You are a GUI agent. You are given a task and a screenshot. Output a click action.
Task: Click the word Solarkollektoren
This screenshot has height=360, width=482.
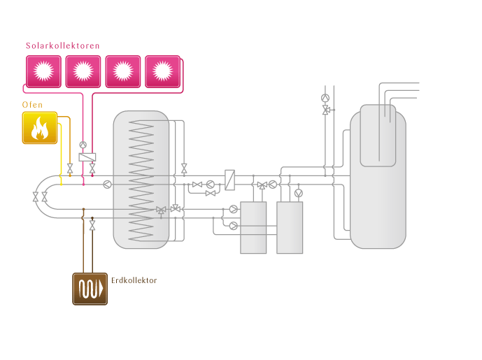[x=63, y=46]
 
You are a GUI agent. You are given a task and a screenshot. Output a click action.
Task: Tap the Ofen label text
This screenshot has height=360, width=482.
[x=32, y=106]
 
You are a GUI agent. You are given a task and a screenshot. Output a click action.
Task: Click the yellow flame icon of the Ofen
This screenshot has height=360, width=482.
[x=39, y=128]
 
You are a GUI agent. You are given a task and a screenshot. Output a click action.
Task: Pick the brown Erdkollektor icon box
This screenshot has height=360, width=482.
[x=90, y=289]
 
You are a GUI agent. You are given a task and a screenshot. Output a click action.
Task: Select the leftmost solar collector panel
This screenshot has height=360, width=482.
[x=43, y=71]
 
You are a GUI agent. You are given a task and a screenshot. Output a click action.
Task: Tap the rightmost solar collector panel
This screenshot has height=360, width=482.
[x=163, y=71]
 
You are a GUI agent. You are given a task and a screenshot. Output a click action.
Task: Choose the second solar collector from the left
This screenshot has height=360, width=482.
[x=83, y=71]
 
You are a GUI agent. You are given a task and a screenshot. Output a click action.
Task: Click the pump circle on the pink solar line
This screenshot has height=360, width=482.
[x=83, y=145]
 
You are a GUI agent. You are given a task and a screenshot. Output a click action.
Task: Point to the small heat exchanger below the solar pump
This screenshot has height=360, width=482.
[x=87, y=157]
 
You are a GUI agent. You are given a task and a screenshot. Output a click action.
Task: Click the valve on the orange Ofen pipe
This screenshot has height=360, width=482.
[x=69, y=168]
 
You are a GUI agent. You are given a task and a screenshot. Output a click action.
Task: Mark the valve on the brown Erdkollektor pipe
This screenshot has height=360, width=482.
[x=92, y=227]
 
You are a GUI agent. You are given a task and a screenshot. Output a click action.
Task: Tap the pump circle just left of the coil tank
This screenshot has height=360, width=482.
[x=106, y=184]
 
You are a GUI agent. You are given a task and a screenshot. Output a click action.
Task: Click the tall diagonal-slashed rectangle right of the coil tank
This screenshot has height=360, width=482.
[x=229, y=180]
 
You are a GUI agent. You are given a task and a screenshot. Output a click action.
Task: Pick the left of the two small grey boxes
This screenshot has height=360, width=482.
[x=253, y=227]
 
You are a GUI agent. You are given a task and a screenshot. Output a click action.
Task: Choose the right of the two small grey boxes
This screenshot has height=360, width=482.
[x=290, y=227]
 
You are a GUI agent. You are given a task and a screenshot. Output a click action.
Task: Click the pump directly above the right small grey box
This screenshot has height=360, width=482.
[x=299, y=192]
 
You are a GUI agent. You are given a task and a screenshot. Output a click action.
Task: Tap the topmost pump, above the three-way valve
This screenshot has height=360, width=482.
[x=325, y=98]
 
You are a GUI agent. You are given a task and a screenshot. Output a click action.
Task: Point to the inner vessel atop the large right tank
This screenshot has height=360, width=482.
[x=378, y=135]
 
